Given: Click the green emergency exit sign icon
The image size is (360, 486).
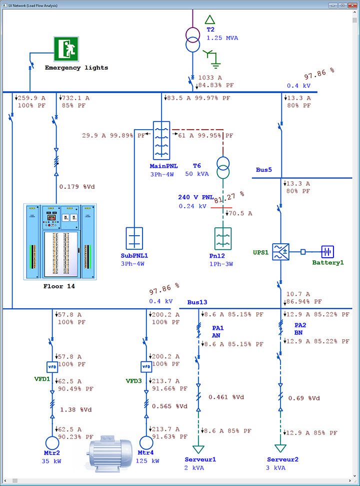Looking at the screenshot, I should click(66, 49).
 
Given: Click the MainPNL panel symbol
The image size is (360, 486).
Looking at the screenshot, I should click(161, 141).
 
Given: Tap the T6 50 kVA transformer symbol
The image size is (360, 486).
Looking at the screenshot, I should click(223, 168).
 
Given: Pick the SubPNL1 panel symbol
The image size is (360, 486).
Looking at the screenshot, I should click(134, 238).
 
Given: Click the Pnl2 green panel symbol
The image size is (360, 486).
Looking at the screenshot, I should click(223, 239).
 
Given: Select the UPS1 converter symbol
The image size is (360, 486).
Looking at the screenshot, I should click(281, 252).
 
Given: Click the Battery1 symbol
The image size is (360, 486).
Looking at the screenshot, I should click(327, 252).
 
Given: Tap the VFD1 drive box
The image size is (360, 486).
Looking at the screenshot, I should click(52, 366).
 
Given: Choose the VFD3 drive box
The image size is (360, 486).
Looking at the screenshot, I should click(146, 366).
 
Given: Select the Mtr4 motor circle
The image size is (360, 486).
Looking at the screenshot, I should click(146, 443).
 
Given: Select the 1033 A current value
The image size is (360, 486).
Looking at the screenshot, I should click(210, 78).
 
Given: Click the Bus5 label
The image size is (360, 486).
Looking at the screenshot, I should click(263, 170).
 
